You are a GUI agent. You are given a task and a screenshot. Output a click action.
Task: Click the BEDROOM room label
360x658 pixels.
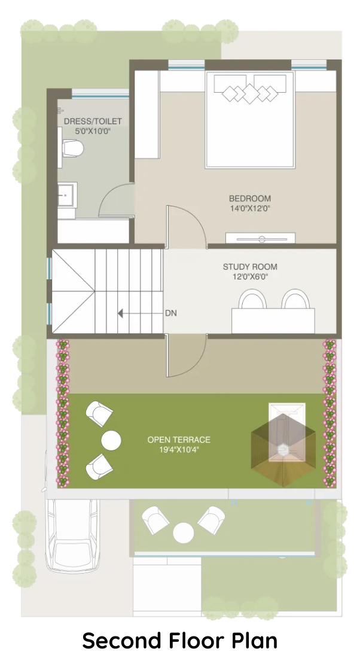tap(249, 199)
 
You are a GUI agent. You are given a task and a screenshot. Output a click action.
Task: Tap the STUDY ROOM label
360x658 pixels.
tap(249, 267)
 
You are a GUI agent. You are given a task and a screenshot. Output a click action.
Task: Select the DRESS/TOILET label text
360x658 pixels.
tap(93, 121)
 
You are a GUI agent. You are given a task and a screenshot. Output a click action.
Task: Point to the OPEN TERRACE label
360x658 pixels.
tap(179, 440)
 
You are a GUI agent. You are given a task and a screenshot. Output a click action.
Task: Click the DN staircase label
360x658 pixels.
tap(171, 313)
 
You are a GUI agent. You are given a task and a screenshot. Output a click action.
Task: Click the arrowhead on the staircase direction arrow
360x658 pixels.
tap(120, 313)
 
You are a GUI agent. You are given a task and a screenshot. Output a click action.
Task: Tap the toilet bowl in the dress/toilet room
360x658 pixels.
tap(72, 148)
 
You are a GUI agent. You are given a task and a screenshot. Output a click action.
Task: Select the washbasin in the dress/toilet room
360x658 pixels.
tap(67, 195)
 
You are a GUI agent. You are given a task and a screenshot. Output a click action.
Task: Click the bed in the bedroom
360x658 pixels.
tap(250, 120)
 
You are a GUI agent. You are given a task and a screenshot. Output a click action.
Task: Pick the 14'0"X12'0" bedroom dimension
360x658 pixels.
tap(249, 208)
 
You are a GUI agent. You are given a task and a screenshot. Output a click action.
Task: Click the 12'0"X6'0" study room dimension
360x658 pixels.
tap(250, 277)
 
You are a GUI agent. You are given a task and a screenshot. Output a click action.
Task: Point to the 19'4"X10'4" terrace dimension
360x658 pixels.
tap(179, 450)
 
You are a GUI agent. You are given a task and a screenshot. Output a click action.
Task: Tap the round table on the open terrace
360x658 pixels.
tap(111, 440)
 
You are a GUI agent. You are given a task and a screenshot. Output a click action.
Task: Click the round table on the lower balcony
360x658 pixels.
tap(184, 533)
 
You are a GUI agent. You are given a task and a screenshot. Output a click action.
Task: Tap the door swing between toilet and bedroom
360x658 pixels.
tap(116, 200)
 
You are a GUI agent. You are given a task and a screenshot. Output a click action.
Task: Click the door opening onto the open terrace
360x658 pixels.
tap(187, 355)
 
